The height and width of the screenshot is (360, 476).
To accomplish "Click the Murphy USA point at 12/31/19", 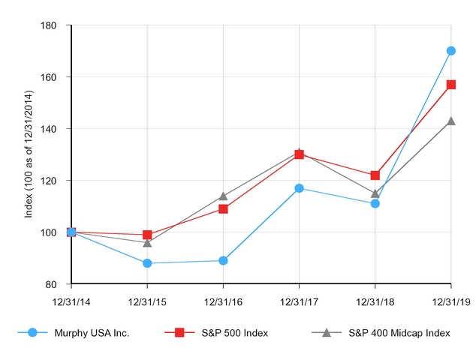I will coord(450,51).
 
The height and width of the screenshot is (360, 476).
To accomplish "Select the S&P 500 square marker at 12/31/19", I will coord(450,85).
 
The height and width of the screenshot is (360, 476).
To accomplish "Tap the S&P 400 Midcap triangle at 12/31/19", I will coord(450,121).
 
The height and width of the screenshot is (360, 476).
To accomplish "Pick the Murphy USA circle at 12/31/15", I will coord(147,263).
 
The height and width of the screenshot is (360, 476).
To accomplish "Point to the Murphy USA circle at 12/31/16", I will coord(223,260).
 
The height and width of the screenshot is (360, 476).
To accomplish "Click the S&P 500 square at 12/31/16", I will coord(223,208).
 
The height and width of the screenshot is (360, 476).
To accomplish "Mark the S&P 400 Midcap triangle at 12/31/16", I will coord(223,196).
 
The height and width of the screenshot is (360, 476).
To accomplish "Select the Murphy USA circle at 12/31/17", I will coord(299,188).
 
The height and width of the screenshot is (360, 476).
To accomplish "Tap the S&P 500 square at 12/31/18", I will coord(375,175).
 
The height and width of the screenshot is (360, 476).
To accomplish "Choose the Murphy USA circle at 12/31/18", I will coord(375,203).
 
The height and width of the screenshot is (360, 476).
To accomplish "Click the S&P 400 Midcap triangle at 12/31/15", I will coord(147,242).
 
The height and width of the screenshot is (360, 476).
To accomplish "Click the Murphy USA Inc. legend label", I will coord(92,332).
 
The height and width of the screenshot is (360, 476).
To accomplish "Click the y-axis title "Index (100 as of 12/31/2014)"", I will coord(29,154).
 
